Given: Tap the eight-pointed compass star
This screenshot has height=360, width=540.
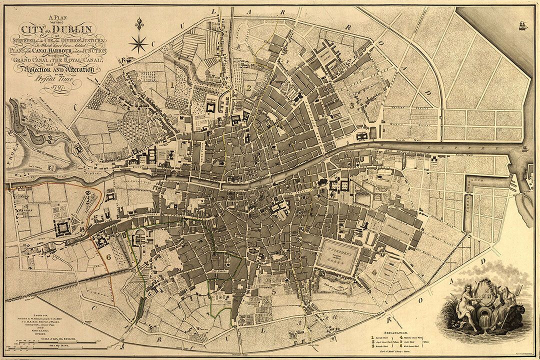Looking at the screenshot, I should (138, 43).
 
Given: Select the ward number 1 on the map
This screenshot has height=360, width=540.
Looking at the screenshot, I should (172, 85).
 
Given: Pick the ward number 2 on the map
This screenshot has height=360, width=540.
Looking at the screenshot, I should (248, 88).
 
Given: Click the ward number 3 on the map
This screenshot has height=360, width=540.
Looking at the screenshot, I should (352, 105).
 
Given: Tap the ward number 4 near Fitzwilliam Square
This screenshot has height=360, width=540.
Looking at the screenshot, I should (374, 272).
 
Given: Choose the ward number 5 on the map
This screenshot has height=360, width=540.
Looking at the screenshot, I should (273, 290).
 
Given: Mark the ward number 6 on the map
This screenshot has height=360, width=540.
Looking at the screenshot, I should (108, 257).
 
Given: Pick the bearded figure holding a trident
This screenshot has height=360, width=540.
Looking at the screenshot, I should (505, 305).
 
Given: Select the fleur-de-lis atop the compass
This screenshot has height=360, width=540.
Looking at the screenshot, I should (138, 23).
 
